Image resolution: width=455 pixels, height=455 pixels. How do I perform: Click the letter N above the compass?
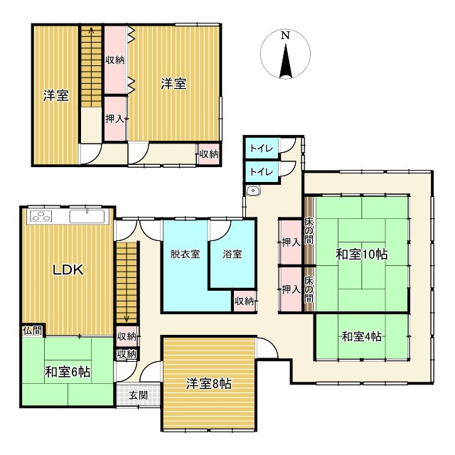pyautogui.click(x=284, y=35)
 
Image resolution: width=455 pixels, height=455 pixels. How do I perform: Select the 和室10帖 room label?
pyautogui.click(x=360, y=254)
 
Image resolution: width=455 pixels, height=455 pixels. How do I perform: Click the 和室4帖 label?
pyautogui.click(x=361, y=336)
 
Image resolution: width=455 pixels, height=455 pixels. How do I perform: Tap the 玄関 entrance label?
pyautogui.click(x=139, y=395)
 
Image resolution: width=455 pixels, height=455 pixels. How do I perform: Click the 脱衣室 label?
pyautogui.click(x=184, y=254)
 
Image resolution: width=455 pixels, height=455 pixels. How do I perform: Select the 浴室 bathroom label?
pyautogui.click(x=232, y=254)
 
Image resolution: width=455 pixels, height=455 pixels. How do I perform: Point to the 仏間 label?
pyautogui.click(x=32, y=331)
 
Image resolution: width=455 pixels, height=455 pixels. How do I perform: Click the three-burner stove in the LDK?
pyautogui.click(x=41, y=217)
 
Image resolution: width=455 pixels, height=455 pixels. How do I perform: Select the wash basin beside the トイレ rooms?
pyautogui.click(x=253, y=191)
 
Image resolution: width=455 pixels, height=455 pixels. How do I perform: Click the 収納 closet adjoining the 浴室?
pyautogui.click(x=244, y=301)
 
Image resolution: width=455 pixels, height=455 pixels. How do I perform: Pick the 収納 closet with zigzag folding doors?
pyautogui.click(x=115, y=60)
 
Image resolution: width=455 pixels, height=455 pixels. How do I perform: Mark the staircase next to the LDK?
pyautogui.click(x=127, y=281)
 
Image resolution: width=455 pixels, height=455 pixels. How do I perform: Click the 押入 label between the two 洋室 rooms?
pyautogui.click(x=114, y=118)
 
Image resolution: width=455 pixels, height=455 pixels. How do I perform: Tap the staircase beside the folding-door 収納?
pyautogui.click(x=91, y=68)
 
